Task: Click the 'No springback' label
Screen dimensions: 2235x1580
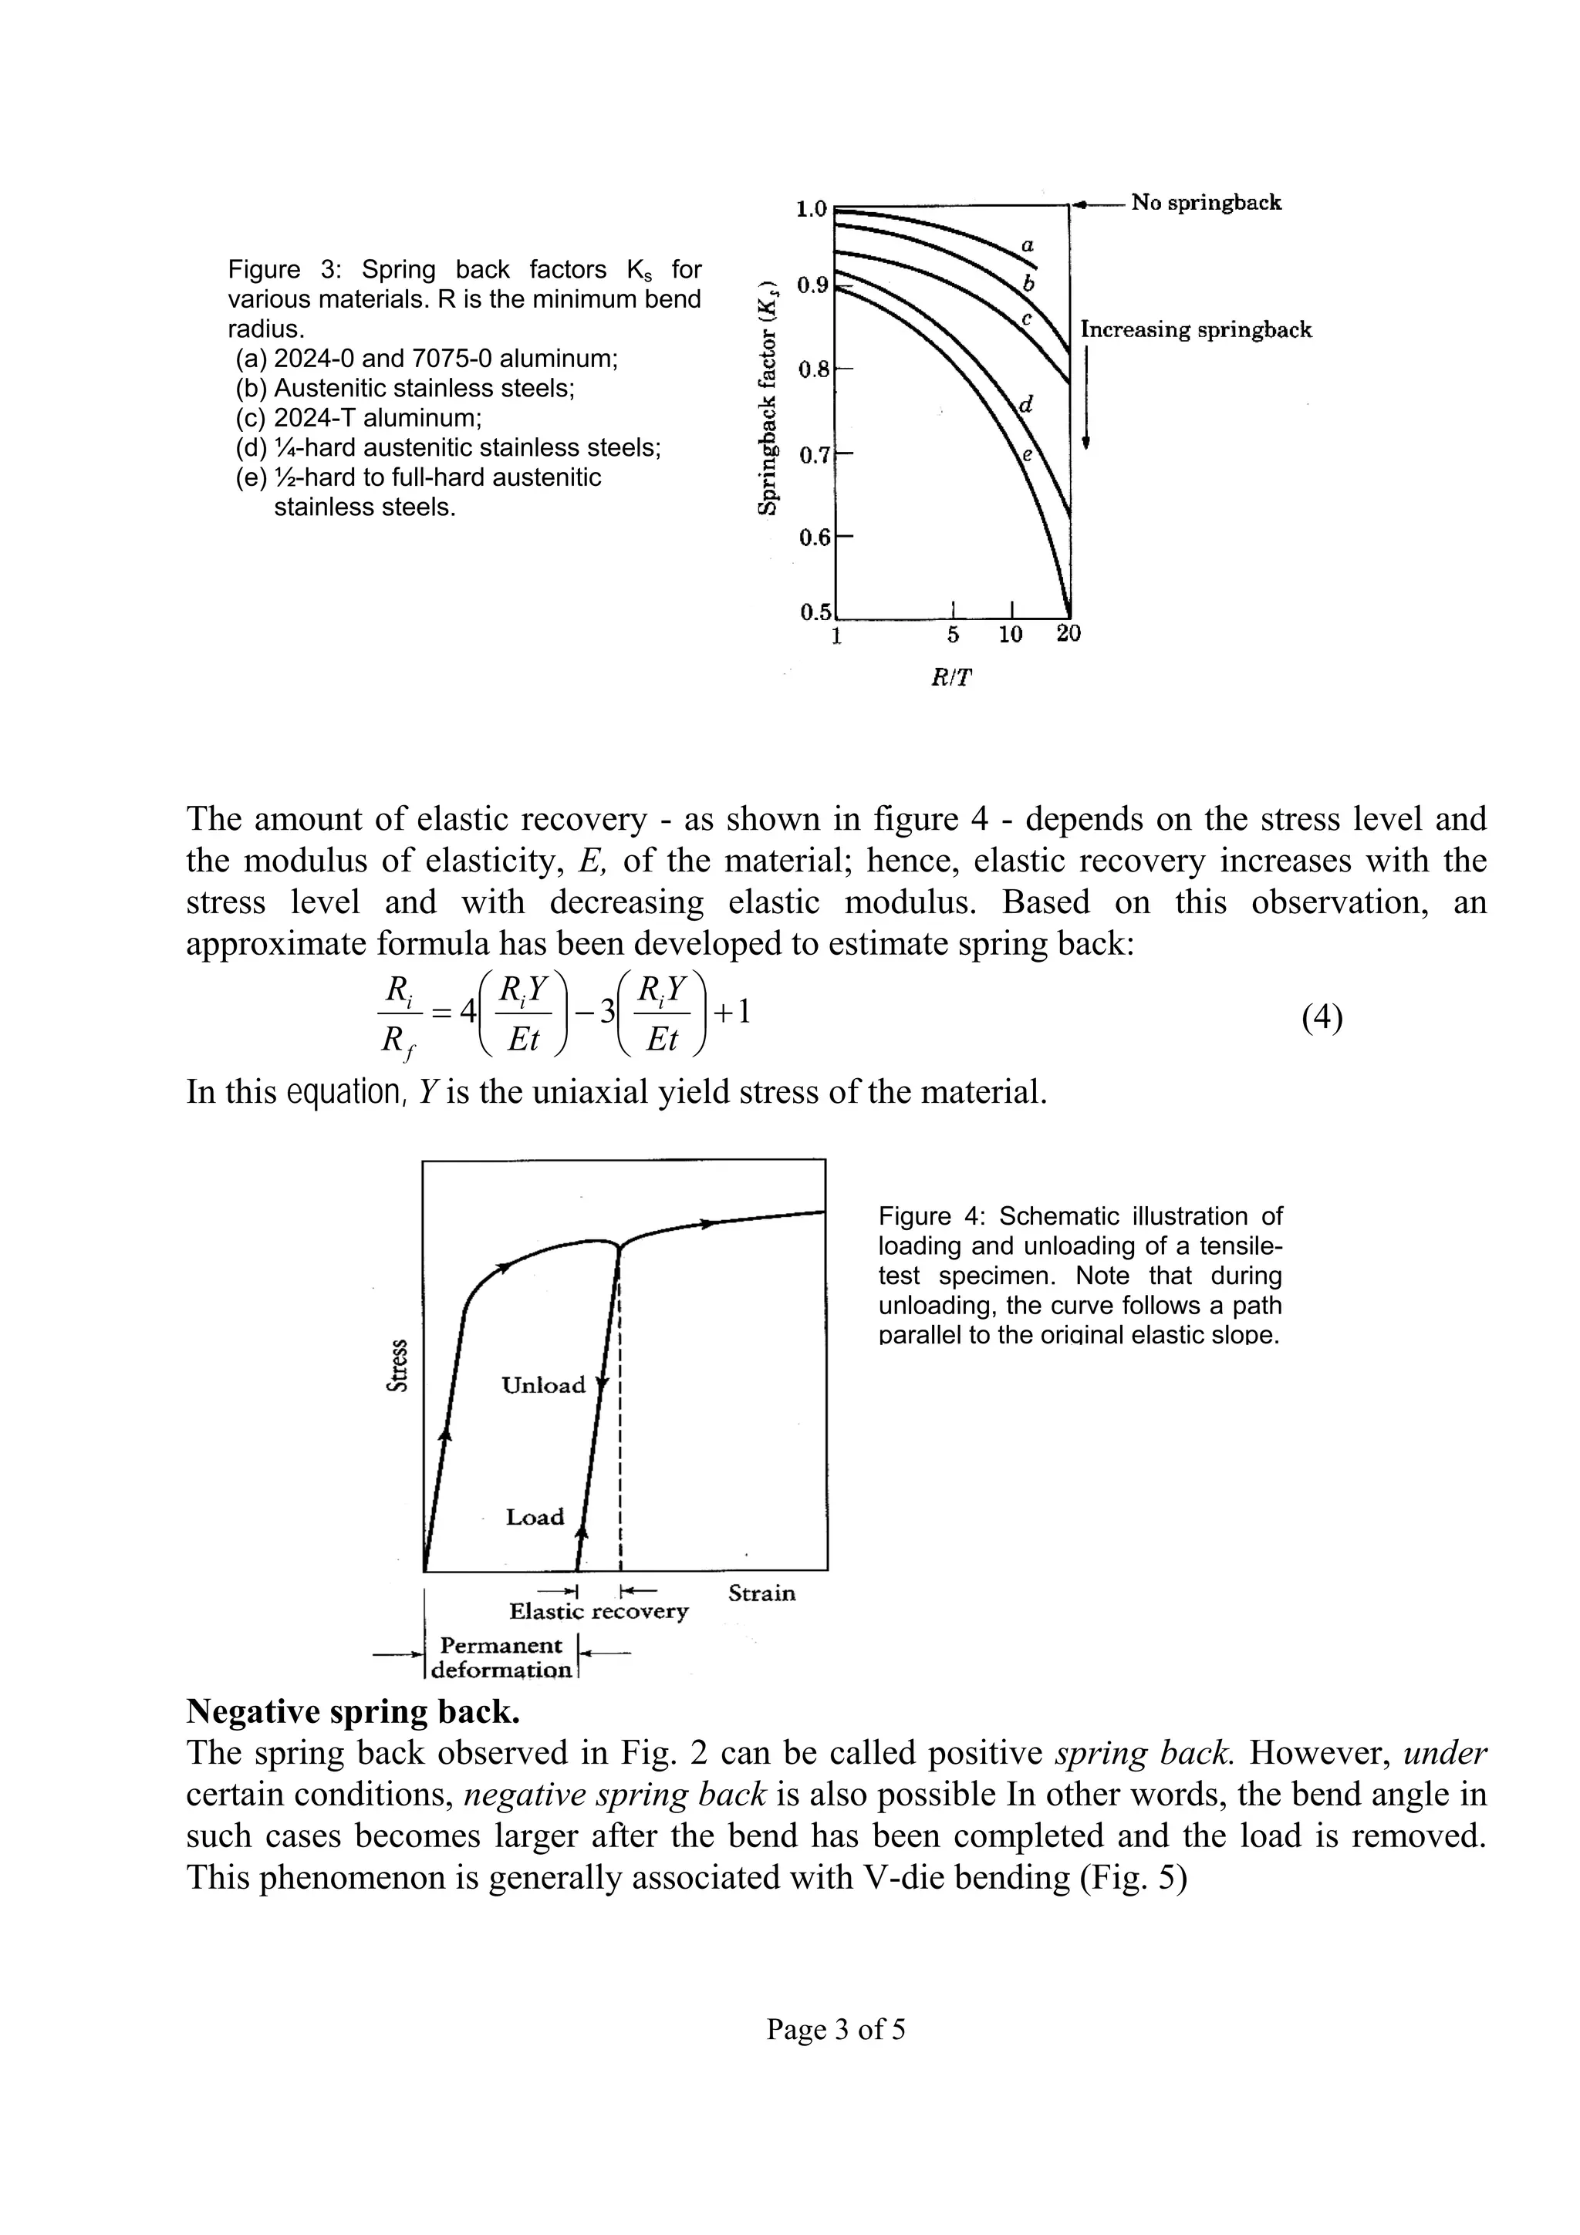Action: (x=1205, y=203)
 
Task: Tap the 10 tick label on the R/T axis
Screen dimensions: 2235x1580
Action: (x=1011, y=635)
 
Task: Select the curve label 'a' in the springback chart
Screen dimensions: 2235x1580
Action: (x=1027, y=246)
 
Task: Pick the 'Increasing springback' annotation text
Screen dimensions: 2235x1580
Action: (x=1196, y=330)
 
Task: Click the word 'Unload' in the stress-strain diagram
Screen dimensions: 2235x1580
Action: (x=543, y=1385)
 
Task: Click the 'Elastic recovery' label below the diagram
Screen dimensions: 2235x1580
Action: (x=598, y=1611)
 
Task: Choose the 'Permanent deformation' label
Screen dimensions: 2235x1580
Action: (x=501, y=1657)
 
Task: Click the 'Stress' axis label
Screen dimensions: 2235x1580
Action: (x=397, y=1367)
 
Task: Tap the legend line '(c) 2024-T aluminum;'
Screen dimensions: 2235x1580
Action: (x=358, y=417)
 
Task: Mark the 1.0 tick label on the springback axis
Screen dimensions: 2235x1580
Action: (x=811, y=209)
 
